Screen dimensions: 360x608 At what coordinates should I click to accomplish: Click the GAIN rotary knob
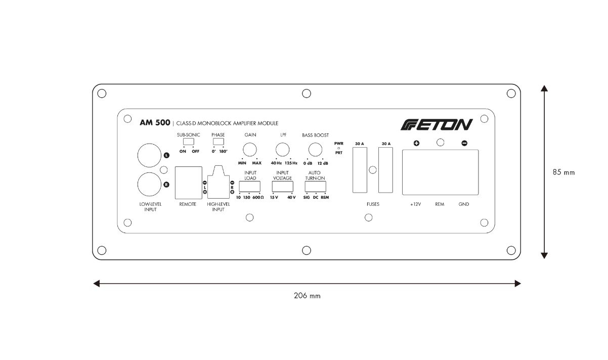[249, 150]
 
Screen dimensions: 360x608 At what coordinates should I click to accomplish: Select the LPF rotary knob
[282, 150]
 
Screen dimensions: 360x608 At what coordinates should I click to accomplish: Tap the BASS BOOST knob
[315, 150]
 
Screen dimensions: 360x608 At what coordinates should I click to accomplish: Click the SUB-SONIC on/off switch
[189, 142]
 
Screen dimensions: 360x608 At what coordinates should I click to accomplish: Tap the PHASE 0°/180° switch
[218, 142]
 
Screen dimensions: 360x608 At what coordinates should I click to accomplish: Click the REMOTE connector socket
[188, 183]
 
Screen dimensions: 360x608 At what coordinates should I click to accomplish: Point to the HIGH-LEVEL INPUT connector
[218, 183]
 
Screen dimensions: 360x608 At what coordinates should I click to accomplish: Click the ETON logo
[437, 124]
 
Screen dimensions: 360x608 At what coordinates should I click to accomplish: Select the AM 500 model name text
[154, 123]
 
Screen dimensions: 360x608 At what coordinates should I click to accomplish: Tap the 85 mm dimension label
[563, 172]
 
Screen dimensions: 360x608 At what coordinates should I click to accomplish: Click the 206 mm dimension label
[307, 296]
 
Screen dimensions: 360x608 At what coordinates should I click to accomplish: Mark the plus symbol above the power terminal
[416, 144]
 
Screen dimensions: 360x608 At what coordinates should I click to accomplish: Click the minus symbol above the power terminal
[464, 144]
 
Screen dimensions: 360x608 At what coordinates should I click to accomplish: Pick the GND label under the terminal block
[464, 205]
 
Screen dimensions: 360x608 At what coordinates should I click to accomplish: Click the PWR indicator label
[338, 144]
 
